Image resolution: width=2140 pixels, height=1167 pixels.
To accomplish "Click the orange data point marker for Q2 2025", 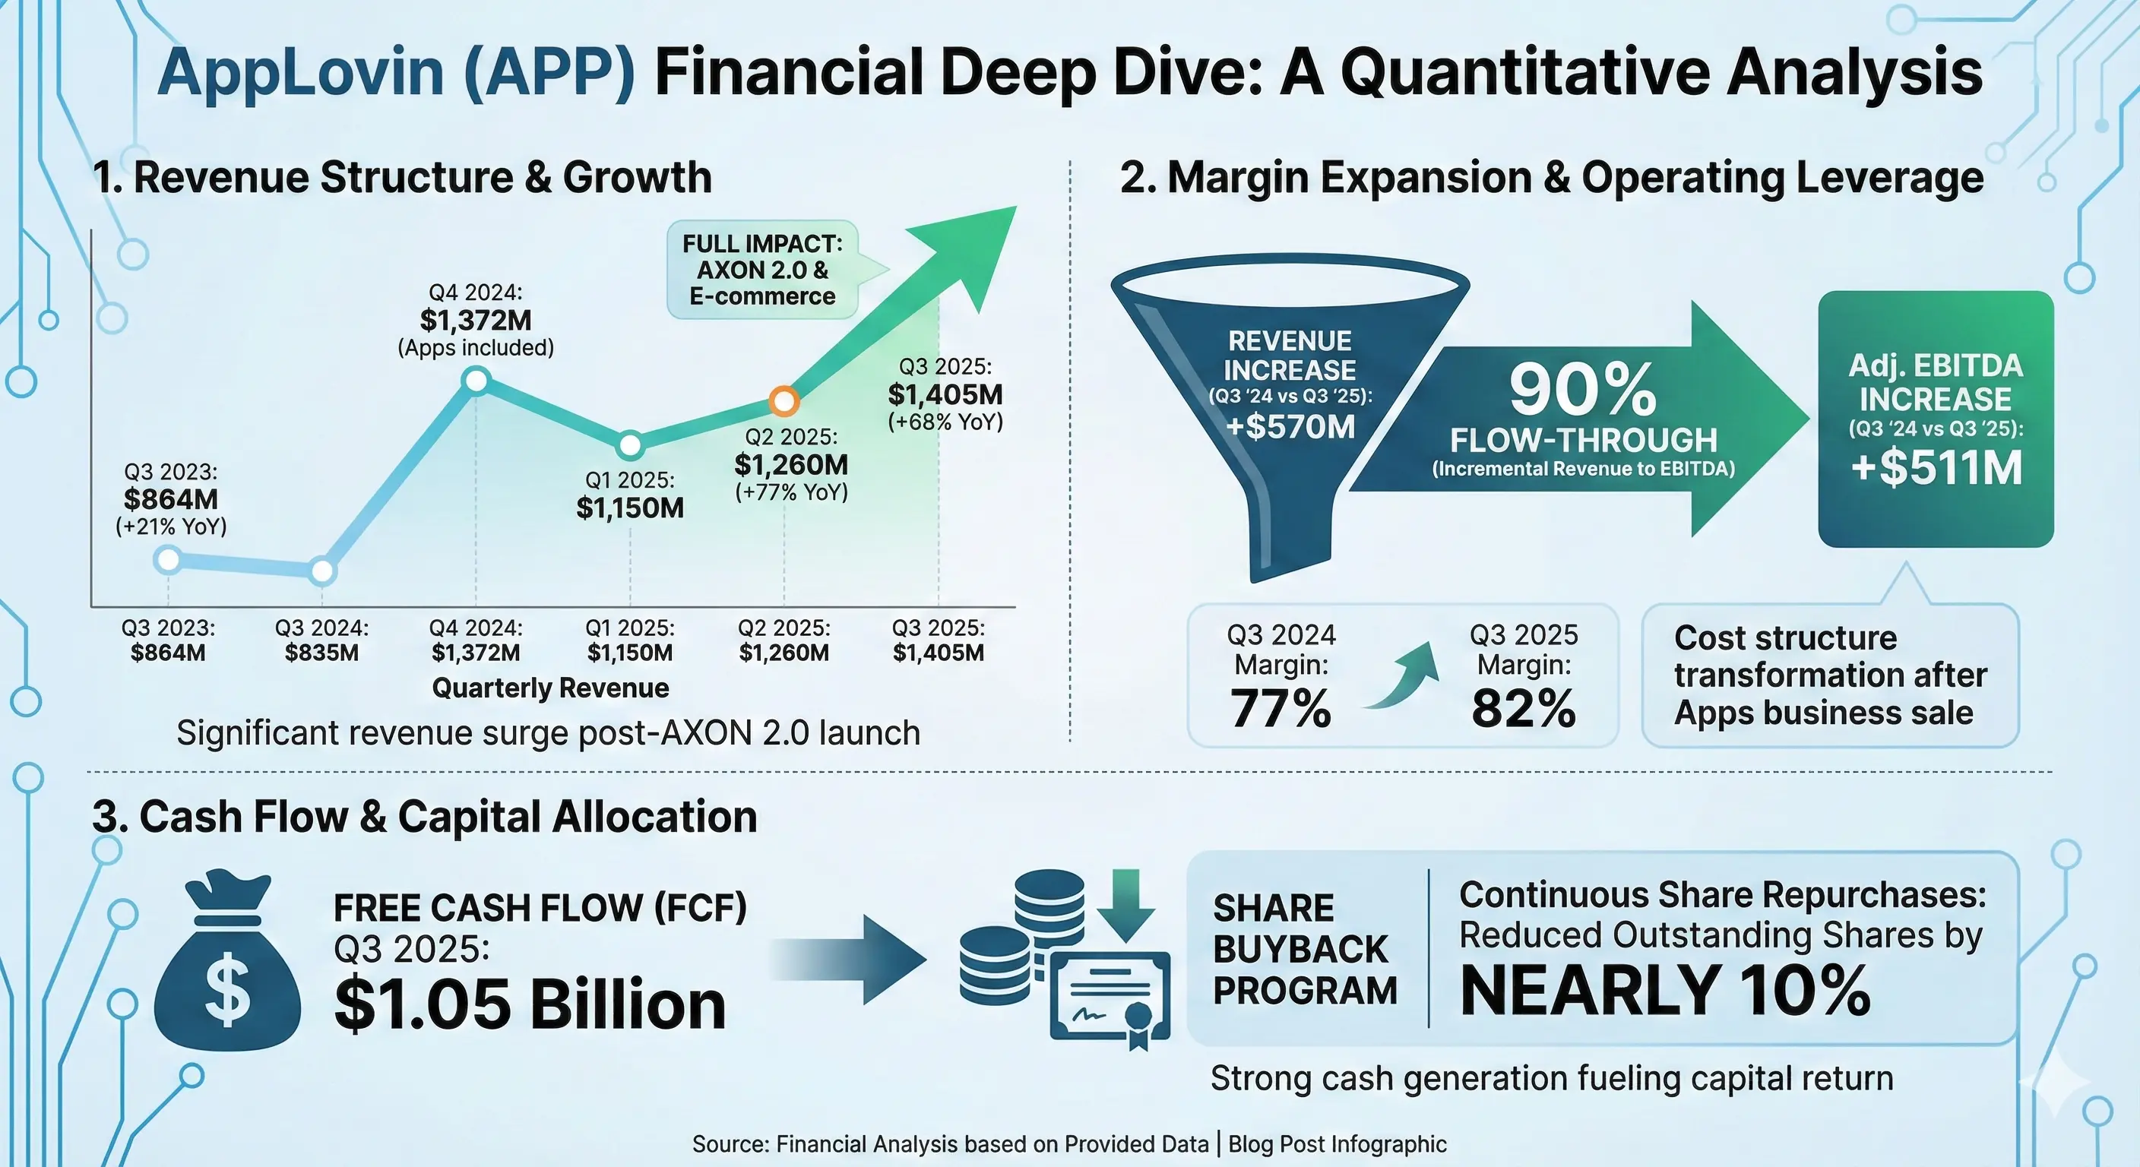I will click(784, 401).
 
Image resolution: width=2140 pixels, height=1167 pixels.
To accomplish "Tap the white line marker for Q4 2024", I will click(476, 381).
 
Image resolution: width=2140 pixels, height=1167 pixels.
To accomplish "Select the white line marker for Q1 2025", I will click(630, 445).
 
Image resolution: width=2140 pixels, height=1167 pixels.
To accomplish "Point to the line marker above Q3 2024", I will click(322, 571).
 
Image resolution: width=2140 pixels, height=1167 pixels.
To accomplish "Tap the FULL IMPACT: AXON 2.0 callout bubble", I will click(763, 270).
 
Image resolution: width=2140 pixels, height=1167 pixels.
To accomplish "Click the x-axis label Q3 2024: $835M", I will click(321, 640).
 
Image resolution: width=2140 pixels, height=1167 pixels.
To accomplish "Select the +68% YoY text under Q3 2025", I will click(945, 422).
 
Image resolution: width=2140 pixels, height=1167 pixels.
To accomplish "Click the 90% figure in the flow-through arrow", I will click(1582, 391).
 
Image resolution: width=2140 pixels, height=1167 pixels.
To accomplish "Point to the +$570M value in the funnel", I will click(1290, 427).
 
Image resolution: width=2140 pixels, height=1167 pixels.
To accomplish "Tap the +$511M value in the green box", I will click(1936, 467).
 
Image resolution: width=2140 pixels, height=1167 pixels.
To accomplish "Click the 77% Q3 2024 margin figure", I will click(1281, 709).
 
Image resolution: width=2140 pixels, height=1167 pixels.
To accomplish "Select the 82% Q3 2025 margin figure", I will click(1524, 709).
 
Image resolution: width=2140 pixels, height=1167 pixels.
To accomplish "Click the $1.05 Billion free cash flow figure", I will click(530, 1005).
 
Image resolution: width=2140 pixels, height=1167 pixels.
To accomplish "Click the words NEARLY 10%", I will click(1665, 991).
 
